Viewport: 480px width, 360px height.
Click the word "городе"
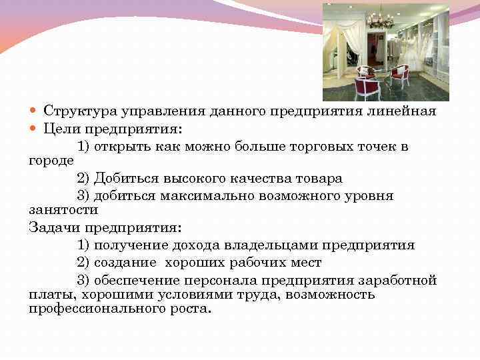[x=51, y=161]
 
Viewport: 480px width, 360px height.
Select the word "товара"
[x=319, y=178]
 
